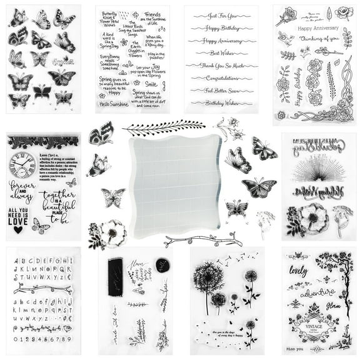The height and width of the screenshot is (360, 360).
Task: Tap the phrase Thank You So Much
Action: pos(222,66)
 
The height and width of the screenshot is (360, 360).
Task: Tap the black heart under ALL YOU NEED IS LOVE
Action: pos(18,229)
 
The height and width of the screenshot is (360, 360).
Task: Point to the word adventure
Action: pos(313,292)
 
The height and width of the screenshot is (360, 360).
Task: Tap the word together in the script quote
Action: pos(58,196)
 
